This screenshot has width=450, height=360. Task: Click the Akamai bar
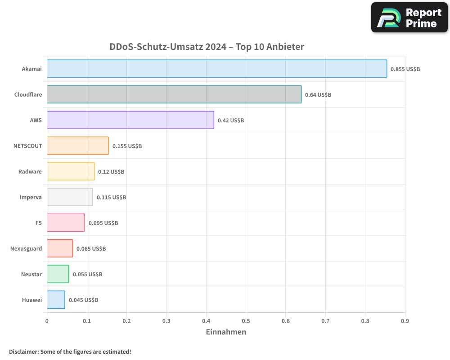tap(216, 69)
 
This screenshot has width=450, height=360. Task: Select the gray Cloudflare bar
tap(174, 94)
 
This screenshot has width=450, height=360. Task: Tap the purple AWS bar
tap(130, 120)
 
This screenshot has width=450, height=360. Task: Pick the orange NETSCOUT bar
tap(77, 146)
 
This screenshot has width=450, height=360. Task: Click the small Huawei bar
tap(56, 300)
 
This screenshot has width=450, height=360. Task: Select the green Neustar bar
tap(58, 274)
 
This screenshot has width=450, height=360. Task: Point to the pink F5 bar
tap(66, 223)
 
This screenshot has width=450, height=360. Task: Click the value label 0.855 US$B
tap(405, 69)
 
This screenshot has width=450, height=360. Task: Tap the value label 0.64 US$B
tap(318, 95)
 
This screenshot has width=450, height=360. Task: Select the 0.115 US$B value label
tap(111, 198)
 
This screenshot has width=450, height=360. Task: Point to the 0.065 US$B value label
tap(91, 249)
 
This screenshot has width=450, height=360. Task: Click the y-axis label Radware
tap(30, 172)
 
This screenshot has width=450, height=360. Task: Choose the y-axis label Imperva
tap(31, 198)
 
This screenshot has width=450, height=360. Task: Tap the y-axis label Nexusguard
tap(26, 249)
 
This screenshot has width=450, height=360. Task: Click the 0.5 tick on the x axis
tap(246, 321)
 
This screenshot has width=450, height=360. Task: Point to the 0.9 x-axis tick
tap(405, 321)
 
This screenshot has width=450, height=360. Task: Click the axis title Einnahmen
tap(226, 332)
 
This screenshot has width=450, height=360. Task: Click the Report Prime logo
tap(409, 18)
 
